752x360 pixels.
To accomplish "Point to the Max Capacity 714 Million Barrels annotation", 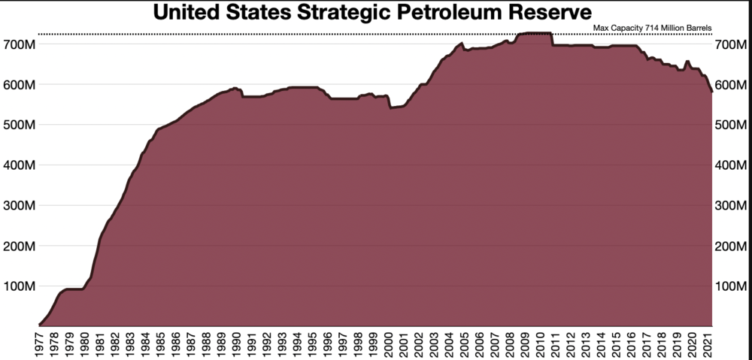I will point(652,29).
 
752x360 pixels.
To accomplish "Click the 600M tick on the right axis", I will point(732,85).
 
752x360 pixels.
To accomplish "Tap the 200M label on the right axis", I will point(732,247).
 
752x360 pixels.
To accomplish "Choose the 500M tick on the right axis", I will point(732,126).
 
